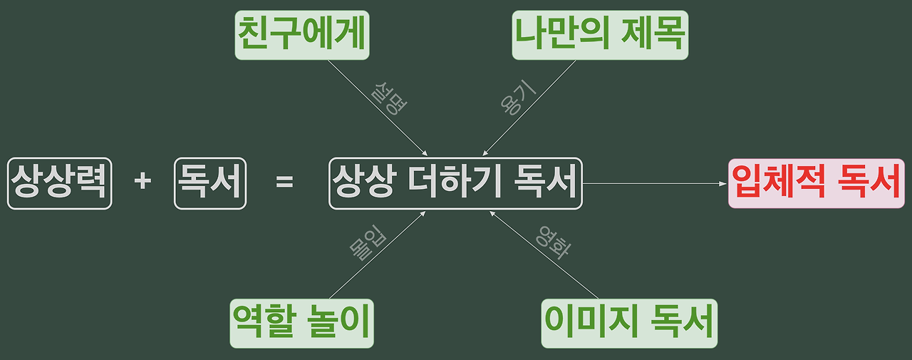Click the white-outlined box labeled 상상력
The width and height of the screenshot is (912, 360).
click(x=60, y=183)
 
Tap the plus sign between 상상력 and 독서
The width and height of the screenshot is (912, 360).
click(x=142, y=182)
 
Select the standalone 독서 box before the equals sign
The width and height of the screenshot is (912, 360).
click(x=209, y=183)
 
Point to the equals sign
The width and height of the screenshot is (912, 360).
click(x=284, y=182)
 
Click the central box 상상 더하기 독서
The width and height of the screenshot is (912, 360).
click(x=455, y=183)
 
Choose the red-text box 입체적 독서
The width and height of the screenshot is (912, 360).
click(x=816, y=183)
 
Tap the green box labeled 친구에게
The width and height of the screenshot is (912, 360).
click(x=302, y=35)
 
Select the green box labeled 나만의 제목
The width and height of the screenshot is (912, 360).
click(x=600, y=35)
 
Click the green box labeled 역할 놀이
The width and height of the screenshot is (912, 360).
click(x=302, y=323)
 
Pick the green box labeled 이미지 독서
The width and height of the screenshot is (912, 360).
click(x=629, y=323)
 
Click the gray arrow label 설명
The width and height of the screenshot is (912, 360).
click(x=389, y=98)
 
